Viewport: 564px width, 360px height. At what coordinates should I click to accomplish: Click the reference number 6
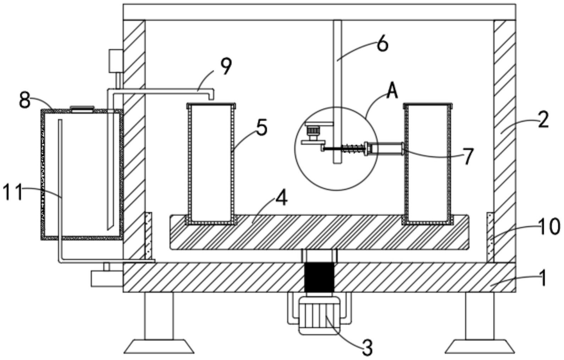pyautogui.click(x=382, y=45)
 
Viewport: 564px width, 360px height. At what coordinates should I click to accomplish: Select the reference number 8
pyautogui.click(x=25, y=100)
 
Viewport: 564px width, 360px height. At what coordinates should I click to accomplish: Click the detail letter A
pyautogui.click(x=392, y=92)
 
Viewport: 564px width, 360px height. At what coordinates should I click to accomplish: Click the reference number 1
pyautogui.click(x=543, y=278)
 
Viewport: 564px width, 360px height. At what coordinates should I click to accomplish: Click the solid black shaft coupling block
pyautogui.click(x=319, y=277)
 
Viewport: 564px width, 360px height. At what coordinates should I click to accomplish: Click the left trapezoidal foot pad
pyautogui.click(x=159, y=347)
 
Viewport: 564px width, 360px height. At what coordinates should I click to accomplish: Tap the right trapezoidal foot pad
pyautogui.click(x=480, y=347)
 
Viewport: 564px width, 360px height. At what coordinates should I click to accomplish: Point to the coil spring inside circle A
pyautogui.click(x=353, y=148)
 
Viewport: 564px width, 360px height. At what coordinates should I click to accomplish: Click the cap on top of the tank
pyautogui.click(x=82, y=109)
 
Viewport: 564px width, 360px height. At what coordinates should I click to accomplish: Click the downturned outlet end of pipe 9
pyautogui.click(x=211, y=96)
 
